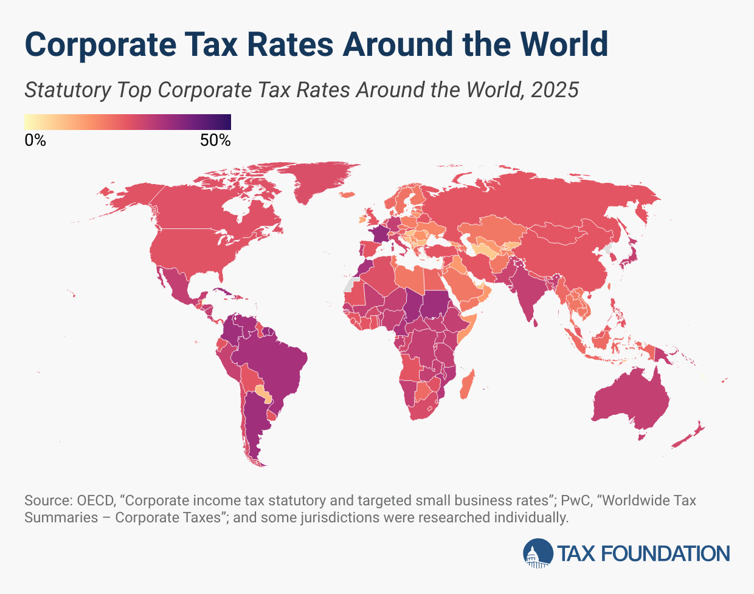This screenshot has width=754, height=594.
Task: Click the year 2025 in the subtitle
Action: point(554,90)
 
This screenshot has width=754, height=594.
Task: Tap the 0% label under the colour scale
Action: point(35,140)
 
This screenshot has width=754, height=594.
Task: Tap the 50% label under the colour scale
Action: point(215,140)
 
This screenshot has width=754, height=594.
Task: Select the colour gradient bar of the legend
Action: point(128,121)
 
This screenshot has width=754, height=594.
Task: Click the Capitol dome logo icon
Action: point(538,553)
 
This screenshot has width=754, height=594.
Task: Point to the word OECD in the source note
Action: point(95,501)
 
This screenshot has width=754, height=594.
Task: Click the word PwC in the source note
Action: point(573,501)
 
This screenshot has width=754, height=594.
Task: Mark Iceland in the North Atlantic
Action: point(347,195)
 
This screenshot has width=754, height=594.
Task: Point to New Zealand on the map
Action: point(690,437)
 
